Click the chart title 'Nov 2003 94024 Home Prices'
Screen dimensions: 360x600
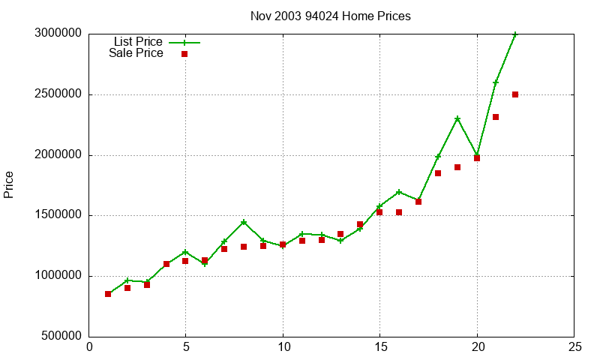330,16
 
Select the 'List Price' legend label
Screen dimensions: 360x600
138,41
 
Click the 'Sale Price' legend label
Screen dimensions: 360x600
136,53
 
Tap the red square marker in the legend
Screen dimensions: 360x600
184,54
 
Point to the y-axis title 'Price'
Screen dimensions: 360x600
9,184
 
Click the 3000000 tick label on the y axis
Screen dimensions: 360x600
58,34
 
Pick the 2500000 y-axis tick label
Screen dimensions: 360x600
58,95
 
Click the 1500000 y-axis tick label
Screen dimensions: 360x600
58,216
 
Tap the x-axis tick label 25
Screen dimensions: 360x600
574,347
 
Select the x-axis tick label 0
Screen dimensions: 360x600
89,347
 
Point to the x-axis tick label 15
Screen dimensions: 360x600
379,347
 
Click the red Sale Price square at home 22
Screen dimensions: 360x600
515,94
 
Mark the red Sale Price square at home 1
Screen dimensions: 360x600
108,294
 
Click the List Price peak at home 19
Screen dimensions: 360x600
457,118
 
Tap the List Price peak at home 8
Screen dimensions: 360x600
244,222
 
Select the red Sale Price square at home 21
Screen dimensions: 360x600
496,117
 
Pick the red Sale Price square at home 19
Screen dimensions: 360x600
457,167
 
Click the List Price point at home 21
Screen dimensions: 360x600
496,82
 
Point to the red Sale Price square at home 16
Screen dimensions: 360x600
399,212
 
